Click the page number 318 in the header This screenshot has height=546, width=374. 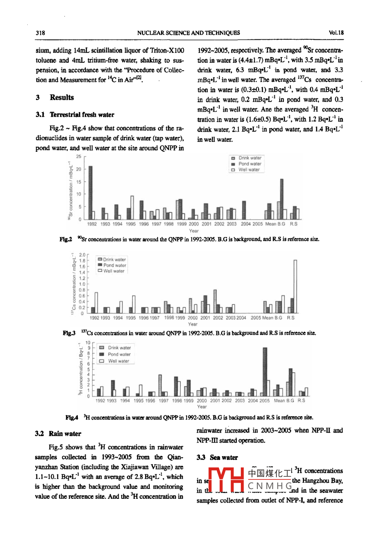40,33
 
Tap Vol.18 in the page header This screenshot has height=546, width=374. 336,33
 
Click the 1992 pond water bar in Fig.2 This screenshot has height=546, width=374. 91,192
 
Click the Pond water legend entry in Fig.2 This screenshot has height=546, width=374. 249,164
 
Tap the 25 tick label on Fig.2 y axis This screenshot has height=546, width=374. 79,157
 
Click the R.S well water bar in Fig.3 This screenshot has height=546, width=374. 295,286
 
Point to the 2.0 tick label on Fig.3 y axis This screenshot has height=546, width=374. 82,255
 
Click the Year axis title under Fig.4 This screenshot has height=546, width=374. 201,407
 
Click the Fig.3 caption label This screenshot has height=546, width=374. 69,333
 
